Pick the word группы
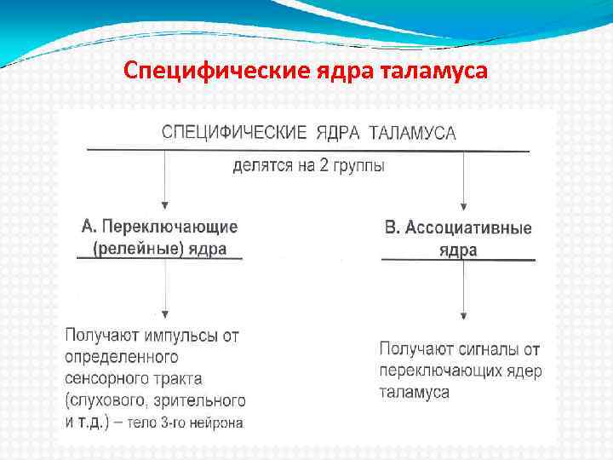coord(361,167)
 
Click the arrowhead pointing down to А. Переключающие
coord(164,205)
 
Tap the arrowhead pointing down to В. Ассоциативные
coord(463,205)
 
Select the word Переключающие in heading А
coord(170,227)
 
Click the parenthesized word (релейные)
coord(132,249)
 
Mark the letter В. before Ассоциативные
coord(392,228)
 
